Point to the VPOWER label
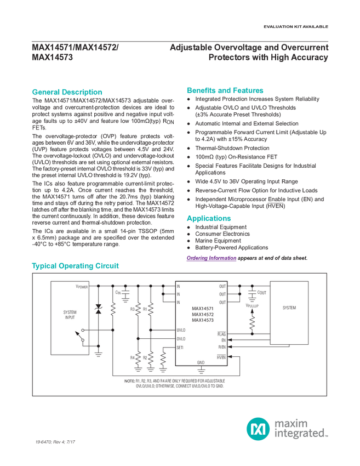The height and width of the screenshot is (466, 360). click(82, 286)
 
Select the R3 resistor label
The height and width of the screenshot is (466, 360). click(132, 309)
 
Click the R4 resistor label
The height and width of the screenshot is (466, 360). click(132, 357)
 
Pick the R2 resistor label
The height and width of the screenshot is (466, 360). click(145, 357)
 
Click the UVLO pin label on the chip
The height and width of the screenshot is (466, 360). click(181, 330)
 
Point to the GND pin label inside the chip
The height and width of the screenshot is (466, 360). click(201, 362)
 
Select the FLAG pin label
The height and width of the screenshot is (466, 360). click(221, 333)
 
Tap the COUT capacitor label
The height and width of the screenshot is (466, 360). click(261, 293)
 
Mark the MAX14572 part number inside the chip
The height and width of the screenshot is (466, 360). click(202, 315)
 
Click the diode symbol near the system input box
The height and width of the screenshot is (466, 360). click(99, 310)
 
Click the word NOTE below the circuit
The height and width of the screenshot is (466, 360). click(129, 380)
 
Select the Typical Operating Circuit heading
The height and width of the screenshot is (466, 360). click(76, 266)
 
